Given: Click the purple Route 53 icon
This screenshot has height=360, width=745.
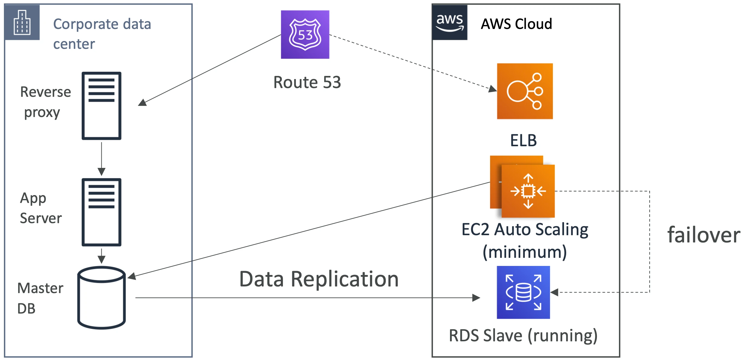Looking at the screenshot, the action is pos(305,34).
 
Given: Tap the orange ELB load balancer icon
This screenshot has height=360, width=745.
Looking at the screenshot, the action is pos(525,91).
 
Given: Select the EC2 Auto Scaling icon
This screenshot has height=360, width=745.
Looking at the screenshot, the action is pos(522,187).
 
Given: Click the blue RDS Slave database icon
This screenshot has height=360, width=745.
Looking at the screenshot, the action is pos(523,292).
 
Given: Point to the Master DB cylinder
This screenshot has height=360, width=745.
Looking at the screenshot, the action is pos(101,298).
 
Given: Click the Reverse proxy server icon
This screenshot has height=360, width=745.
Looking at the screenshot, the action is pos(101,106).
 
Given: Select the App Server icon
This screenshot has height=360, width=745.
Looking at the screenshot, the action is pos(101,212).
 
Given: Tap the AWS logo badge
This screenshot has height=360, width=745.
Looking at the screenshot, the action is pos(450,22).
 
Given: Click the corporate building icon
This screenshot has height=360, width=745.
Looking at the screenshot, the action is pos(22,22).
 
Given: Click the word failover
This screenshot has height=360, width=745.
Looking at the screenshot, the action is pos(704,235).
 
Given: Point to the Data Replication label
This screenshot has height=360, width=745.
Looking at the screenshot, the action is pos(319,279).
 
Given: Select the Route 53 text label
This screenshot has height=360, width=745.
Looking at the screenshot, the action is pos(307,82).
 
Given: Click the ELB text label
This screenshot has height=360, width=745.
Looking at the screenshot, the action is pos(523,140).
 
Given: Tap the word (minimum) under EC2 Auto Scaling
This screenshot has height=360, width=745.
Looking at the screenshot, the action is pos(525,252).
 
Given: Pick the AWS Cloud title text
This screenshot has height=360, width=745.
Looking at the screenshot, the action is pos(516,24).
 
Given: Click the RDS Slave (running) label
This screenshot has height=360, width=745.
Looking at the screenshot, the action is pos(523,336).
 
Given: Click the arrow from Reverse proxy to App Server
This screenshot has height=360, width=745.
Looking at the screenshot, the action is pos(101,159).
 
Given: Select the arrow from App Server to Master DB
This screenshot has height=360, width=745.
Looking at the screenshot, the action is pos(101,256).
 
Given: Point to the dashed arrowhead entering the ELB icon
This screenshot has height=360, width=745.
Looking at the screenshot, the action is pos(493,89).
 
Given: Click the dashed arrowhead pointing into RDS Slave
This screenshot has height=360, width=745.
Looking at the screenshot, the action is pos(554,292).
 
